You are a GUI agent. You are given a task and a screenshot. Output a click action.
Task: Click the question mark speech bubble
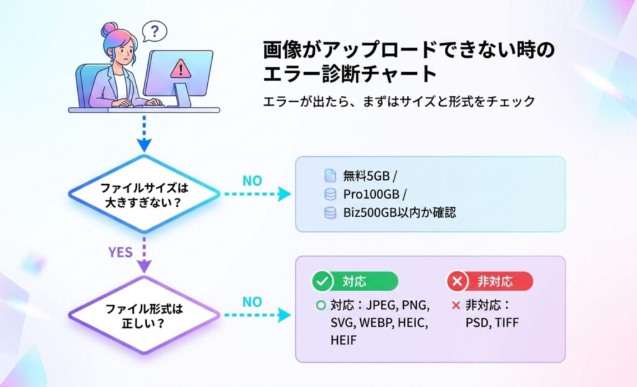click(x=154, y=30)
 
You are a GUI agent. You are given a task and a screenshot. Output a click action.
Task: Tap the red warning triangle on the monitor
click(x=180, y=67)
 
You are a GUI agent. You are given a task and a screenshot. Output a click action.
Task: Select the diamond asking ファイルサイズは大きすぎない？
click(x=144, y=194)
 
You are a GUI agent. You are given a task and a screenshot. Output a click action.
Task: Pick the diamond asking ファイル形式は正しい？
click(x=144, y=315)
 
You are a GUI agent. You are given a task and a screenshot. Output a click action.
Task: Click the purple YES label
click(x=121, y=253)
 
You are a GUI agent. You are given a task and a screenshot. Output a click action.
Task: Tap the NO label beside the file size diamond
click(x=252, y=181)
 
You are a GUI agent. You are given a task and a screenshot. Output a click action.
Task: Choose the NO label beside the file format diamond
click(x=252, y=302)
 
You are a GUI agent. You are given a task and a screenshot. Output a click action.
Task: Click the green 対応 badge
click(x=355, y=281)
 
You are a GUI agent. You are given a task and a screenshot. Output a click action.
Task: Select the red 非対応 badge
click(x=490, y=281)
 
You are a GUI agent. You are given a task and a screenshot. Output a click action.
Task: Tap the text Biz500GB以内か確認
click(x=399, y=213)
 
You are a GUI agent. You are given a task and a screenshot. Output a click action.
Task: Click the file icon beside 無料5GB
click(x=330, y=175)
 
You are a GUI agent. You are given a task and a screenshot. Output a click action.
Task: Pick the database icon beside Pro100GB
click(x=330, y=194)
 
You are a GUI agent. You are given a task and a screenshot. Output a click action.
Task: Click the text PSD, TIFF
click(x=491, y=323)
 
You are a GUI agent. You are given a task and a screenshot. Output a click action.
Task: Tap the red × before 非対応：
click(x=456, y=306)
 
